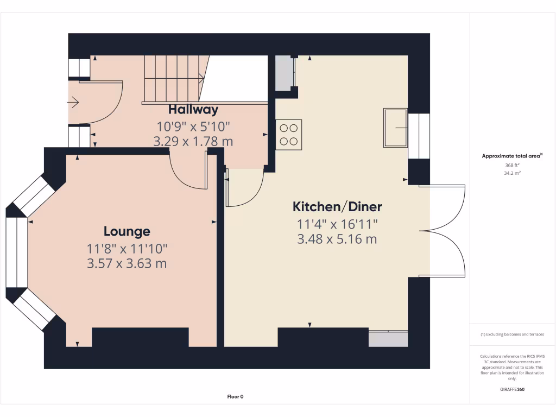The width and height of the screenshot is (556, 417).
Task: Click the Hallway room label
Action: [x=193, y=109]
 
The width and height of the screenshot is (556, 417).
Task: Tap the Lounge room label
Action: [x=127, y=232]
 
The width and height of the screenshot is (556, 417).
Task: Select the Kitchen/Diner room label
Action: [x=337, y=207]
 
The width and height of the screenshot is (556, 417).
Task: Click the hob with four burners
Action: [x=288, y=135]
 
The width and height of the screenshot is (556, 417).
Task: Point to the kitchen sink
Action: [x=395, y=128]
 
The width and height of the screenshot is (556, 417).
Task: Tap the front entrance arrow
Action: [x=74, y=102]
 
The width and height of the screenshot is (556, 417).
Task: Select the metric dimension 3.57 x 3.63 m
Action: [x=127, y=264]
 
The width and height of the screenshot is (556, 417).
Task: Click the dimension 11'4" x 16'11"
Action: [x=337, y=223]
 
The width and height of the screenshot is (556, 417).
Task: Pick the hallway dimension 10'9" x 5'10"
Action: [x=193, y=127]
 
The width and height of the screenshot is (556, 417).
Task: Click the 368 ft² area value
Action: [x=513, y=165]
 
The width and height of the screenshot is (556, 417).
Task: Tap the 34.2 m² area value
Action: [x=513, y=173]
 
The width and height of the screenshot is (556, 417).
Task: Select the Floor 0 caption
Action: [x=235, y=397]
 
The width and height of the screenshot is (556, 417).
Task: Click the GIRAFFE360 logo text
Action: [x=513, y=389]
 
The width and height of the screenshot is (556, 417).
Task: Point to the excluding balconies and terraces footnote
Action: [x=513, y=334]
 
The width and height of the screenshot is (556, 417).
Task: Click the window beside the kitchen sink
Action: [x=419, y=135]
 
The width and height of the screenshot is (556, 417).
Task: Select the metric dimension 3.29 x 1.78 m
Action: [x=193, y=142]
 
